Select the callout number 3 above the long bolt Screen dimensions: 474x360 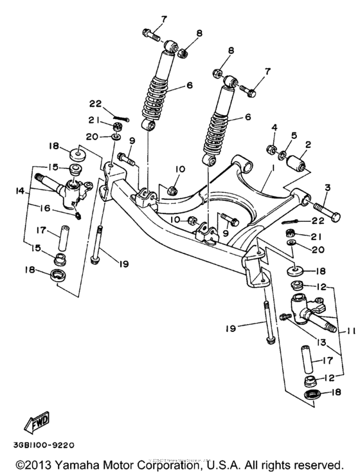pos(328,187)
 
